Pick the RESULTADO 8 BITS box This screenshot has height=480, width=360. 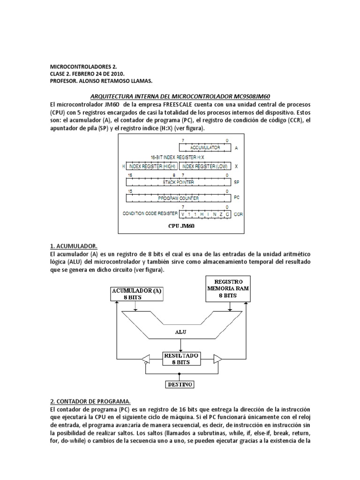(181, 359)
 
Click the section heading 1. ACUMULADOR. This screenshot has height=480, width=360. (74, 246)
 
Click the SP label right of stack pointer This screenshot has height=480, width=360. (237, 182)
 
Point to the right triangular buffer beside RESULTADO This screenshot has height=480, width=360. (217, 359)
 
